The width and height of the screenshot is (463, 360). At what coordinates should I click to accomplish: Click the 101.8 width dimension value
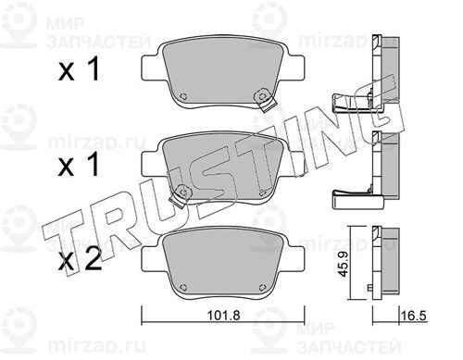[x=223, y=316]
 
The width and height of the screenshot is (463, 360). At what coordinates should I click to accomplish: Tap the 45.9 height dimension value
[x=344, y=263]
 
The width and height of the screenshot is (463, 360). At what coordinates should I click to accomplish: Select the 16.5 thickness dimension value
[x=414, y=316]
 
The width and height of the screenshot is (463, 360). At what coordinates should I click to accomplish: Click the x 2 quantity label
[x=80, y=259]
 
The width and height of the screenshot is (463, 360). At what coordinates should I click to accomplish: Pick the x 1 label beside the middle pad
[x=79, y=165]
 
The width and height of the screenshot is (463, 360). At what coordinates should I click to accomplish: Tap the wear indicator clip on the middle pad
[x=181, y=196]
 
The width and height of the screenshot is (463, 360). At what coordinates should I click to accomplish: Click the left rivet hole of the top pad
[x=183, y=96]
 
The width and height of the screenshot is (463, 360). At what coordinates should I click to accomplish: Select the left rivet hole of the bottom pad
[x=183, y=287]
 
